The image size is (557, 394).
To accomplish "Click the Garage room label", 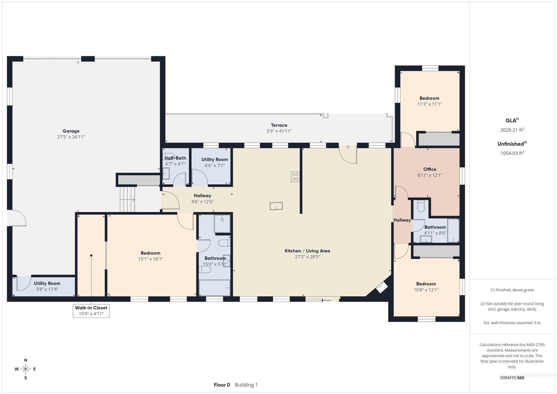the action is tap(71, 131).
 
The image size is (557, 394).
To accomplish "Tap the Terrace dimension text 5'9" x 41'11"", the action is tap(279, 131).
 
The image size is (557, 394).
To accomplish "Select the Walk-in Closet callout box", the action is tap(91, 311).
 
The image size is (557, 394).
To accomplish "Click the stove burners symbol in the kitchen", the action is tap(295, 177).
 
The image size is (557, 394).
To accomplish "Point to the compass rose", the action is tap(26, 369).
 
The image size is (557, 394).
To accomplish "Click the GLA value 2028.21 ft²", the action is tap(512, 130).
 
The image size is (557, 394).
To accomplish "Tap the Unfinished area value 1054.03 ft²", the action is tap(512, 153).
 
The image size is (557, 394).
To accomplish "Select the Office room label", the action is tap(430, 169).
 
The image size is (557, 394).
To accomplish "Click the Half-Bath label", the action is tap(175, 158).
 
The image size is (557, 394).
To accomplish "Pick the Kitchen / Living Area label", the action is tap(307, 251).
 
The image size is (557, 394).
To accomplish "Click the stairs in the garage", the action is tap(127, 200).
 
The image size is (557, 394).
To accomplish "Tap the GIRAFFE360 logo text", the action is tap(512, 378).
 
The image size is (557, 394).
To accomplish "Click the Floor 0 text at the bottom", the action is tap(222, 385).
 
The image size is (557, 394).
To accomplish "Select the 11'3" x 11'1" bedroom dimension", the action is tap(429, 104).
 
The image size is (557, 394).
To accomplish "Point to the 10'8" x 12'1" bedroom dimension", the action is tap(426, 290).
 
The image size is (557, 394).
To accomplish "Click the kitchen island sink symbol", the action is tap(276, 206).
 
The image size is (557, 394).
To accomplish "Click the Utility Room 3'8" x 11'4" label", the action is tap(47, 286).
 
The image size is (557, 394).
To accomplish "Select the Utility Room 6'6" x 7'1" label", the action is tap(214, 162).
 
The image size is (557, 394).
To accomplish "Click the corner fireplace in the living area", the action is tap(382, 288).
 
